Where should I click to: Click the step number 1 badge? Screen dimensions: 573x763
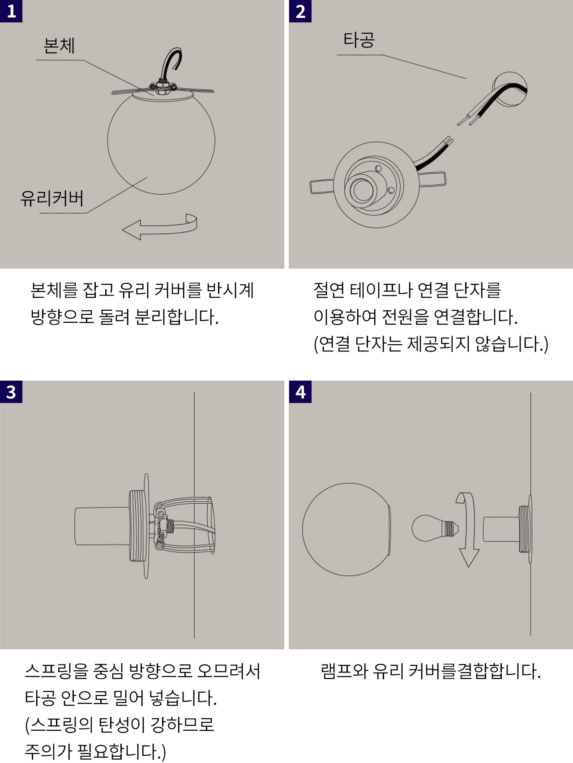(x=11, y=11)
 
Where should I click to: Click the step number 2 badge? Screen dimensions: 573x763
(x=300, y=11)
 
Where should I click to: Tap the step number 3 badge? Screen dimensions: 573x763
(x=11, y=392)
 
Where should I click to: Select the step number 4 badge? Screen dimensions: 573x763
(x=300, y=392)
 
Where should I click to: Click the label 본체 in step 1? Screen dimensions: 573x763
(x=59, y=46)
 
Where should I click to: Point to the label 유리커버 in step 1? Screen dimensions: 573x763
(x=52, y=198)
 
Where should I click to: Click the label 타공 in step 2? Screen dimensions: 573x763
(x=359, y=40)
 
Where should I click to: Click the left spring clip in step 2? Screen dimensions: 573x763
(x=322, y=186)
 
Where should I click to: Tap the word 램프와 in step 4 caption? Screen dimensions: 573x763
(x=344, y=671)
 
